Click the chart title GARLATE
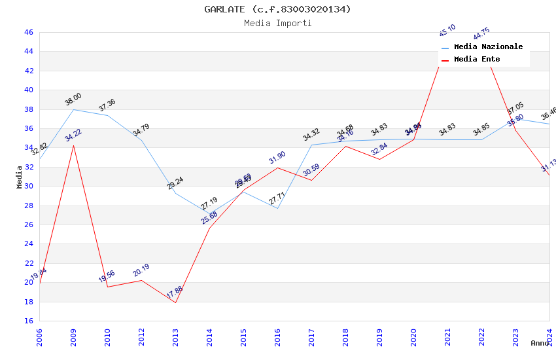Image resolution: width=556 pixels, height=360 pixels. click(x=277, y=9)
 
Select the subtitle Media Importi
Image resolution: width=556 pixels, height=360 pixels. click(x=277, y=24)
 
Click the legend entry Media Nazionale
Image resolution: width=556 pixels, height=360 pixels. click(x=488, y=47)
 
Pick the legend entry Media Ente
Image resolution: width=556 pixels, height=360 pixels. click(x=477, y=60)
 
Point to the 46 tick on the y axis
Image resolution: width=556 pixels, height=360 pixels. click(x=28, y=32)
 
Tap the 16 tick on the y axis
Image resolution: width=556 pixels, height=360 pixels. click(x=28, y=321)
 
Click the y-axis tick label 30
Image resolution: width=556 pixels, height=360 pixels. click(x=28, y=186)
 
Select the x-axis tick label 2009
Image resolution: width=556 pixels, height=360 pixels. click(x=73, y=337)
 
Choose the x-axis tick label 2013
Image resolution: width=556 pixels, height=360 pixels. click(x=175, y=337)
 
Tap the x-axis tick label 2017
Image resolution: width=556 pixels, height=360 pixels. click(x=311, y=337)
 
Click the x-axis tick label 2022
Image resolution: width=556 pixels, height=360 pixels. click(x=481, y=337)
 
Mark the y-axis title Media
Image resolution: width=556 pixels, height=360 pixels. click(x=20, y=177)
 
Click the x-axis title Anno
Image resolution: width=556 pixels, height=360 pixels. click(x=540, y=343)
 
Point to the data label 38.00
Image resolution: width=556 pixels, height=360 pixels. click(x=73, y=99)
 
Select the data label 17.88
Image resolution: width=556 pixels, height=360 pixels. click(x=175, y=293)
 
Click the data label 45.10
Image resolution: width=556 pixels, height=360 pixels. click(x=447, y=31)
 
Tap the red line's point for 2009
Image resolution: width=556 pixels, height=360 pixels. click(x=73, y=145)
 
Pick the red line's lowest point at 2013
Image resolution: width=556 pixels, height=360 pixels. click(x=175, y=302)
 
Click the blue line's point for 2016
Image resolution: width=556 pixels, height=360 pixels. click(x=277, y=208)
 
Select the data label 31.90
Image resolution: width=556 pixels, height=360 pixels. click(x=277, y=158)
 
